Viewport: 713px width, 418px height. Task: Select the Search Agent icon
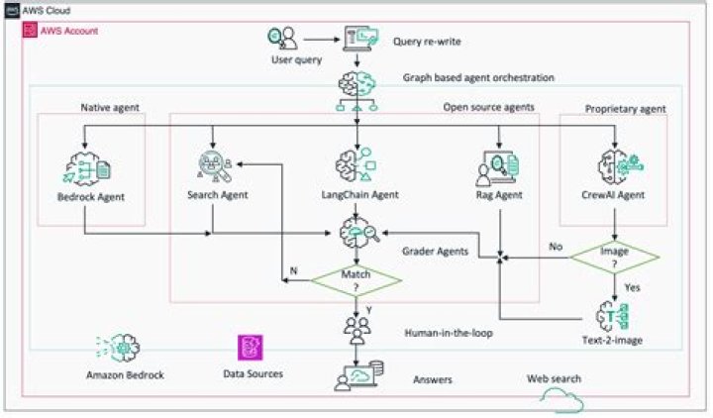pos(214,162)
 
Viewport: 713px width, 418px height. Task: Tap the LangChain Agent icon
pos(355,164)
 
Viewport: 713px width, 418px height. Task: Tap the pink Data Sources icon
pos(250,348)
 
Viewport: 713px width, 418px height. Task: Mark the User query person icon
pos(282,41)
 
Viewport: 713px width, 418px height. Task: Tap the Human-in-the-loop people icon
pos(355,326)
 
